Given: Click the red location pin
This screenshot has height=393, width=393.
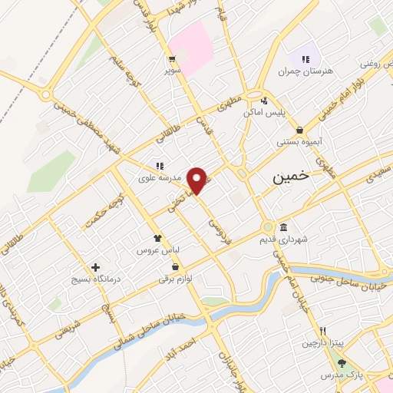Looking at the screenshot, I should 198,180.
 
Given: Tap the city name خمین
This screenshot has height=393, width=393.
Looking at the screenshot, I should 292,177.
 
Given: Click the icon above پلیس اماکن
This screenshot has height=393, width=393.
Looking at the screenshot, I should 265,100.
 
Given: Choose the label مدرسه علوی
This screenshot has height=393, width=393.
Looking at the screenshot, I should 159,178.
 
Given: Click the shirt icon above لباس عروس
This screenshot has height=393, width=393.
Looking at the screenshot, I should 157,239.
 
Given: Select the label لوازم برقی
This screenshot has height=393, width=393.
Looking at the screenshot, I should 177,279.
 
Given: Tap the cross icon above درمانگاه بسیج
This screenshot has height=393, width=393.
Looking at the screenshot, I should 95,267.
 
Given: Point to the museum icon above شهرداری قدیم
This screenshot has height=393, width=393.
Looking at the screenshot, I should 284,228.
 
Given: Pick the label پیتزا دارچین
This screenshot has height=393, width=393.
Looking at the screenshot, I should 323,342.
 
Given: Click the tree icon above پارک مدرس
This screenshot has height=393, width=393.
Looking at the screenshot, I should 342,363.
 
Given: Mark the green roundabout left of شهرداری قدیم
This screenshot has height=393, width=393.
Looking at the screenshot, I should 267,227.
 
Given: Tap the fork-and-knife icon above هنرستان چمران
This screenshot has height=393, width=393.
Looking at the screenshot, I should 306,58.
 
